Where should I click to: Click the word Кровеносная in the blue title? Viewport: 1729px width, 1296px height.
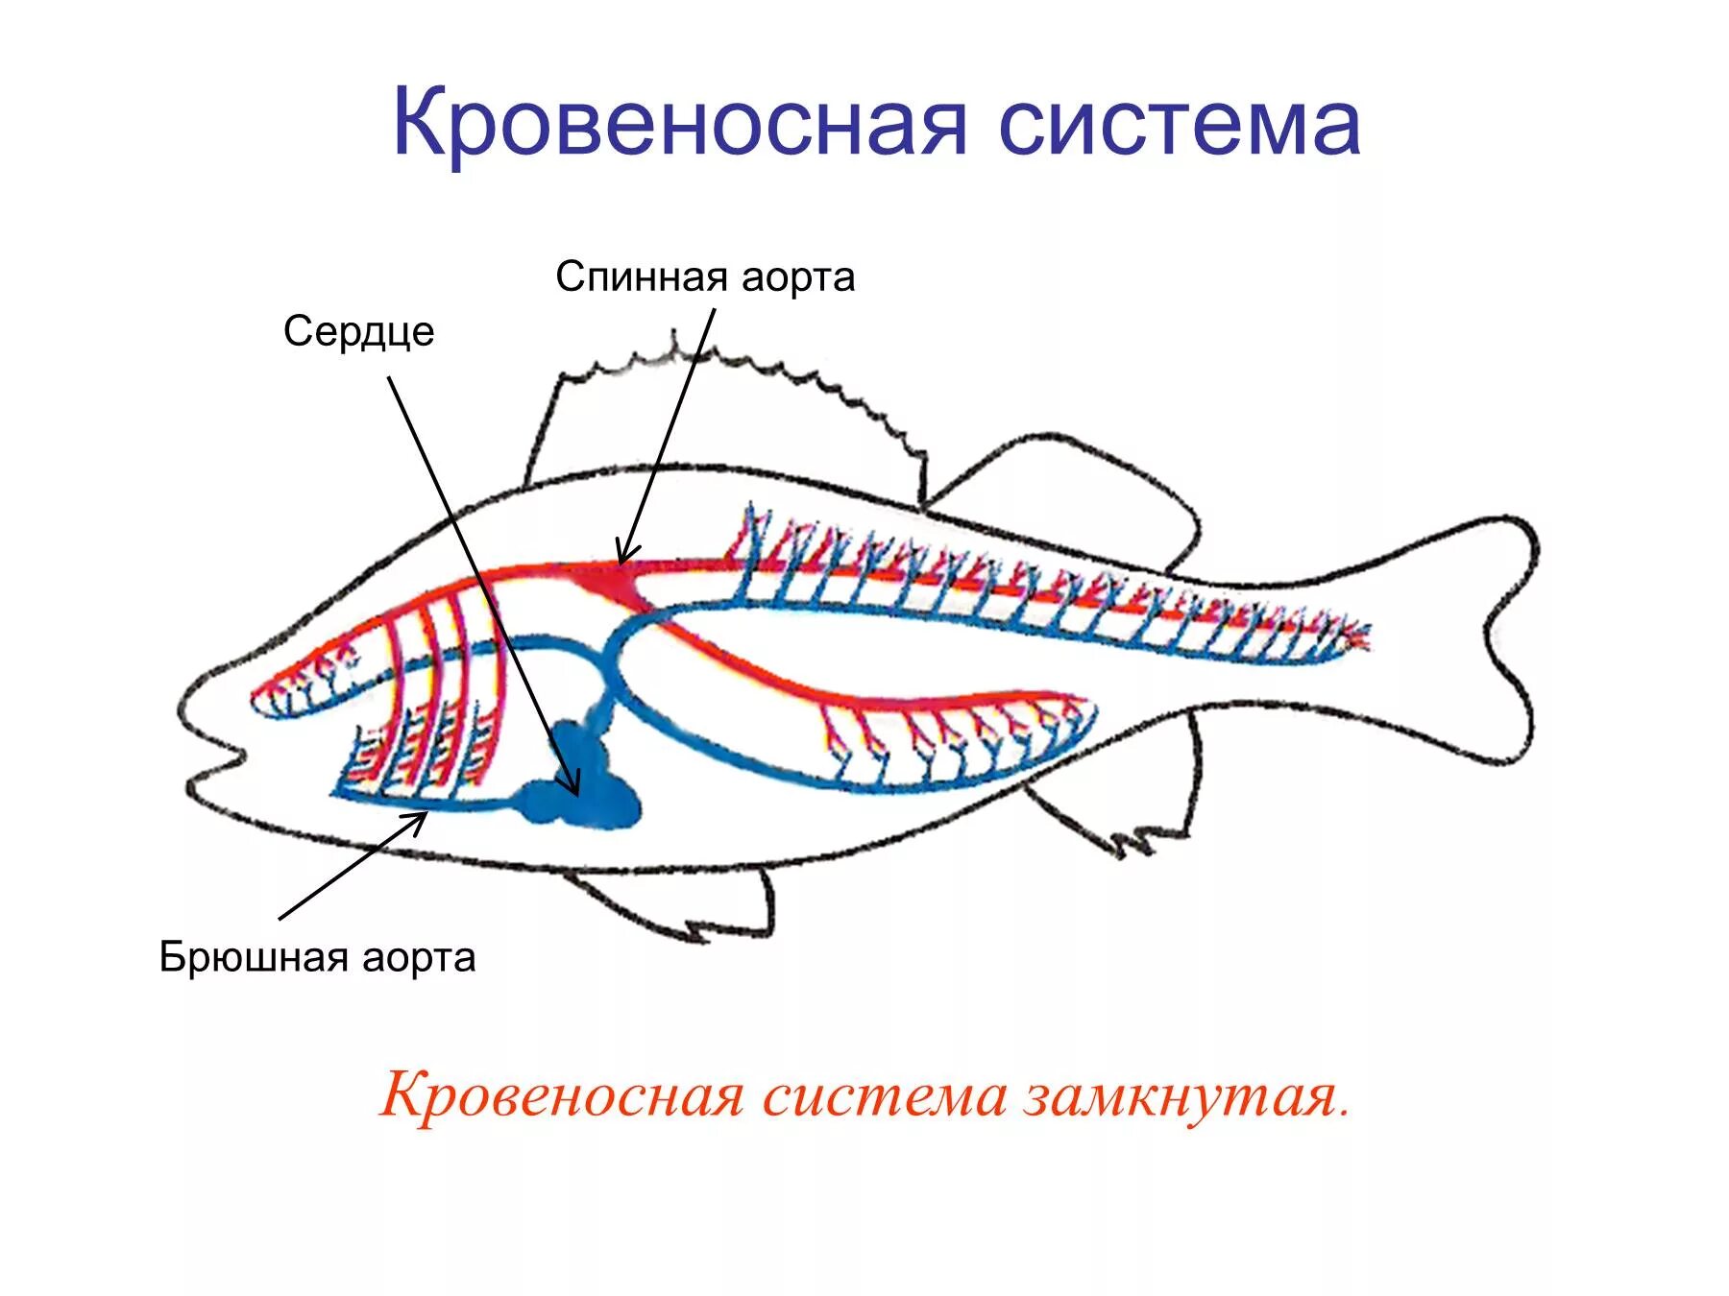point(678,123)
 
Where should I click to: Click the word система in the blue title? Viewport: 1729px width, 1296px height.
point(1180,123)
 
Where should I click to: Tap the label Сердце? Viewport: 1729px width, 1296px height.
point(358,332)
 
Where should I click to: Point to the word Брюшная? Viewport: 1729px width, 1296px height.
point(254,957)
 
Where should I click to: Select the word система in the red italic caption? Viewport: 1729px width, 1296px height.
point(884,1095)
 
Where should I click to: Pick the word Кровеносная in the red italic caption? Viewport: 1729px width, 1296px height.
point(562,1095)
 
